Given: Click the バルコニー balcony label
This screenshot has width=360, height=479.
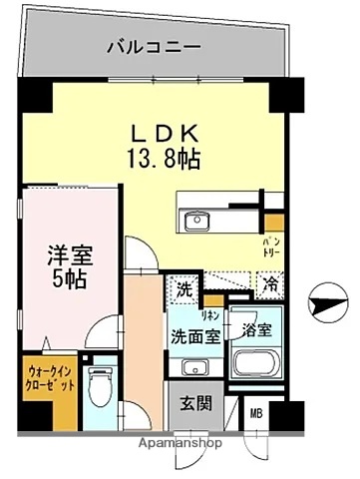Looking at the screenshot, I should pos(155,45).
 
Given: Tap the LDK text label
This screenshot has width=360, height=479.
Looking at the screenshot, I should pos(166,132).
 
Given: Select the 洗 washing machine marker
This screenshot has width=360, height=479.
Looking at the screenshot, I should pos(183,291).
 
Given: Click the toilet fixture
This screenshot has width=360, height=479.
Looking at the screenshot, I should pos(100,386).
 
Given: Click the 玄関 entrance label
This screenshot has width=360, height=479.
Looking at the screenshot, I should pos(195,406).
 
